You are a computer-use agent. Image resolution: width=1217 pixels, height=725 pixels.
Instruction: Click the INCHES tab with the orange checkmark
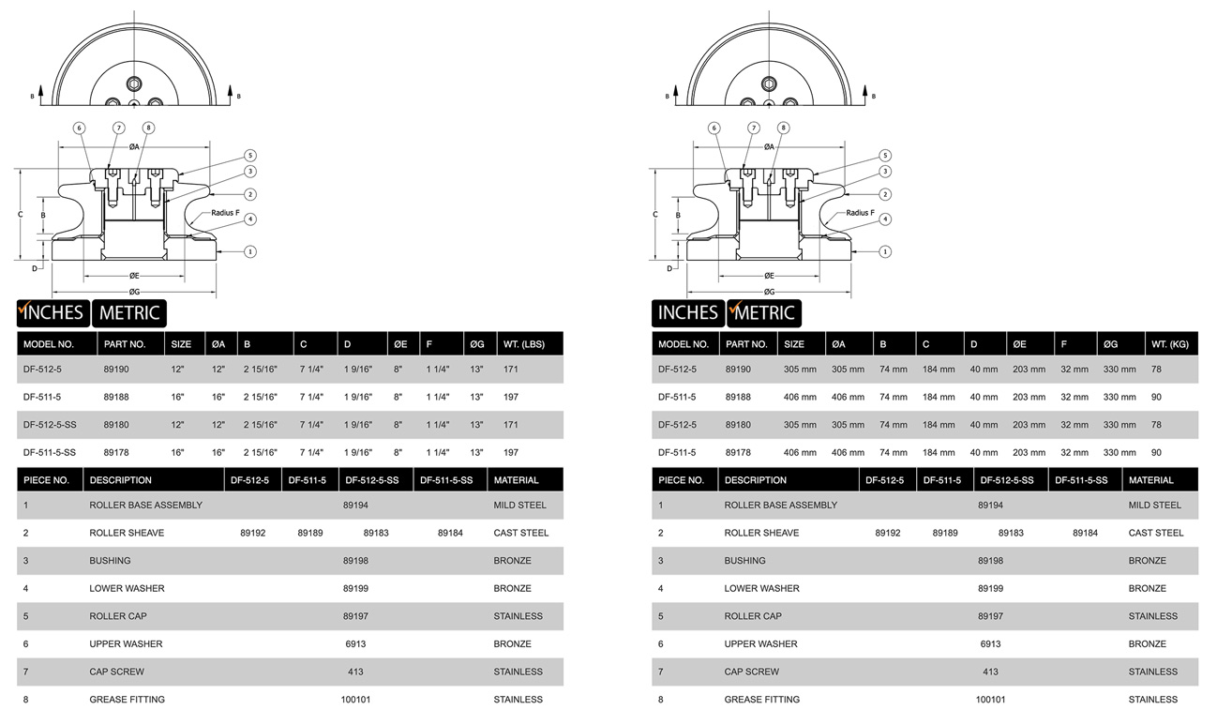coord(53,313)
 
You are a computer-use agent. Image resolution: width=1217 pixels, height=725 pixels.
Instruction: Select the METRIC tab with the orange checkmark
coord(764,313)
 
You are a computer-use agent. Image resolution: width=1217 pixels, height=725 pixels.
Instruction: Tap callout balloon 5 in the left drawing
coord(250,156)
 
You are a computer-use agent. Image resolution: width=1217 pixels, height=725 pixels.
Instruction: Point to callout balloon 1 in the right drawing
coord(885,251)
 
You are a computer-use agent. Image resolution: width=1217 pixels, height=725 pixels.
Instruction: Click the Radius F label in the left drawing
coord(225,213)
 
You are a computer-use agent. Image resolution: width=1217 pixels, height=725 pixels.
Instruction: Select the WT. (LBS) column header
coord(524,344)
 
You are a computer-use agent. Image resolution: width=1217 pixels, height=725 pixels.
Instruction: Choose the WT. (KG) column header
coord(1170,344)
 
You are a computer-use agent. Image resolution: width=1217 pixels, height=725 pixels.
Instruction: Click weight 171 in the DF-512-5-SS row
coord(511,425)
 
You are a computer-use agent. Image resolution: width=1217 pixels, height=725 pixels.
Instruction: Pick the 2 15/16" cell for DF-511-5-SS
coord(261,452)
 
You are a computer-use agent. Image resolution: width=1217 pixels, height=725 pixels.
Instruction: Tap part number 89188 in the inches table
coord(116,397)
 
